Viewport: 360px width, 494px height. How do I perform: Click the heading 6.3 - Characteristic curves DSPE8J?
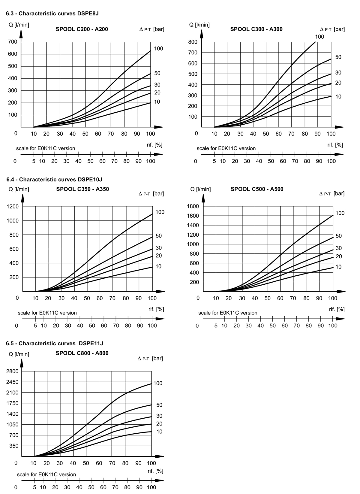[x=52, y=14]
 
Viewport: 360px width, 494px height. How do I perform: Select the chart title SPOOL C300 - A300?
[x=256, y=29]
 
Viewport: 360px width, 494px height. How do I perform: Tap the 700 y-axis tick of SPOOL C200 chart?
[x=13, y=42]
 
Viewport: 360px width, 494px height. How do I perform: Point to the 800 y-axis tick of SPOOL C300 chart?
[x=193, y=42]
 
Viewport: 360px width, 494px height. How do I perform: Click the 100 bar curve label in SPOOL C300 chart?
[x=319, y=37]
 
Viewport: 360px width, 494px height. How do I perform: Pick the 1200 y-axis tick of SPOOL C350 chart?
[x=13, y=206]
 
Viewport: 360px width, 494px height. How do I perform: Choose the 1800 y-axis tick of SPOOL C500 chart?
[x=193, y=206]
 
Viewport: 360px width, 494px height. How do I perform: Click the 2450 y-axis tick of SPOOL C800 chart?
[x=12, y=382]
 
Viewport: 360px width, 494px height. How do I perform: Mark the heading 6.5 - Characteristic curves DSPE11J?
[x=55, y=343]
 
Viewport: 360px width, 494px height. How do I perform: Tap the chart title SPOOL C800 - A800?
[x=82, y=353]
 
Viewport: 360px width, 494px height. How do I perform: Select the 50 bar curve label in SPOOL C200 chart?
[x=157, y=73]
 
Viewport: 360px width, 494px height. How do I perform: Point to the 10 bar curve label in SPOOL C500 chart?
[x=338, y=267]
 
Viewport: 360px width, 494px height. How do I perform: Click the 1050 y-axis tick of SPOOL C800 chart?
[x=12, y=424]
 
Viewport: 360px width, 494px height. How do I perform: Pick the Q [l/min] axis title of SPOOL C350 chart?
[x=19, y=189]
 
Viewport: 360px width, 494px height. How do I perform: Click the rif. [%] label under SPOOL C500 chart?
[x=337, y=309]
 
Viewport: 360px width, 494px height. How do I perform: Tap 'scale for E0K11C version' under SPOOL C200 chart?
[x=46, y=148]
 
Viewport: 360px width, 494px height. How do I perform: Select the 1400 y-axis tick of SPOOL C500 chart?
[x=193, y=225]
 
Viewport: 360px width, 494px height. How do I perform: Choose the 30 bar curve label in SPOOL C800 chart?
[x=159, y=416]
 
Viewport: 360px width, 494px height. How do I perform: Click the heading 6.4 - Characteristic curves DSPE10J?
[x=54, y=180]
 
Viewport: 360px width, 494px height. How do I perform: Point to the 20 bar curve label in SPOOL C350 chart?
[x=159, y=256]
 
